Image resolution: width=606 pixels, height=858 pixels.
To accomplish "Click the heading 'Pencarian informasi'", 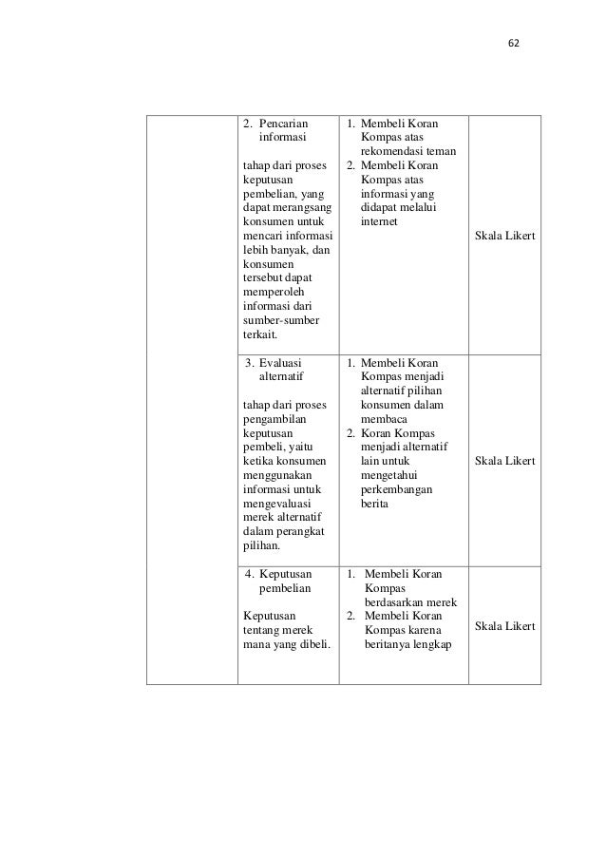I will point(283,130).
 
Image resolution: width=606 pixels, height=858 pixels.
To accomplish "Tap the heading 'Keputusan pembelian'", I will point(286,582).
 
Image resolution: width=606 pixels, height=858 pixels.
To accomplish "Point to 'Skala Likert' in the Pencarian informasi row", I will point(503,235).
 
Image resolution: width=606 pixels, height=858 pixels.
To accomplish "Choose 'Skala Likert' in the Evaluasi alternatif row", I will point(503,461).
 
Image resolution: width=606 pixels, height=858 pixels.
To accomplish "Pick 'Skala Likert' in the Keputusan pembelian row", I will point(503,626).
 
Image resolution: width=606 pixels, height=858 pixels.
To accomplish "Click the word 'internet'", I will point(380,221).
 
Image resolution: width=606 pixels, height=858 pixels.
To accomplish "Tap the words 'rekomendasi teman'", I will point(409,152).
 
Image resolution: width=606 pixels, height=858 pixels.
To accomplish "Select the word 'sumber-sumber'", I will point(278,320).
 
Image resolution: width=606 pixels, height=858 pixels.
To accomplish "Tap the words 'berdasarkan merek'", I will point(411,603).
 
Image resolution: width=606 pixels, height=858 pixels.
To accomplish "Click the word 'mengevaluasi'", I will point(275,503).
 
